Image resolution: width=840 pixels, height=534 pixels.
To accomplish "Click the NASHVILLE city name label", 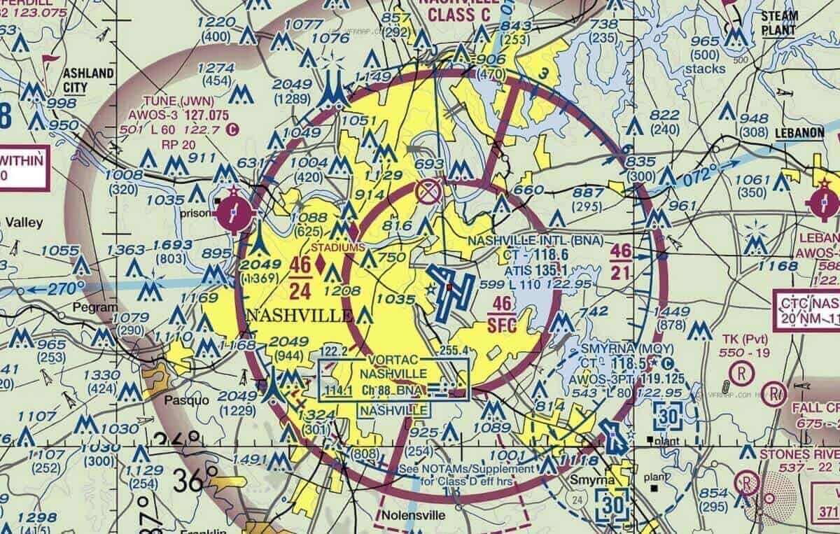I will click(300, 316).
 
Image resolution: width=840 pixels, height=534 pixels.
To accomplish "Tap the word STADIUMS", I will click(338, 247).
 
